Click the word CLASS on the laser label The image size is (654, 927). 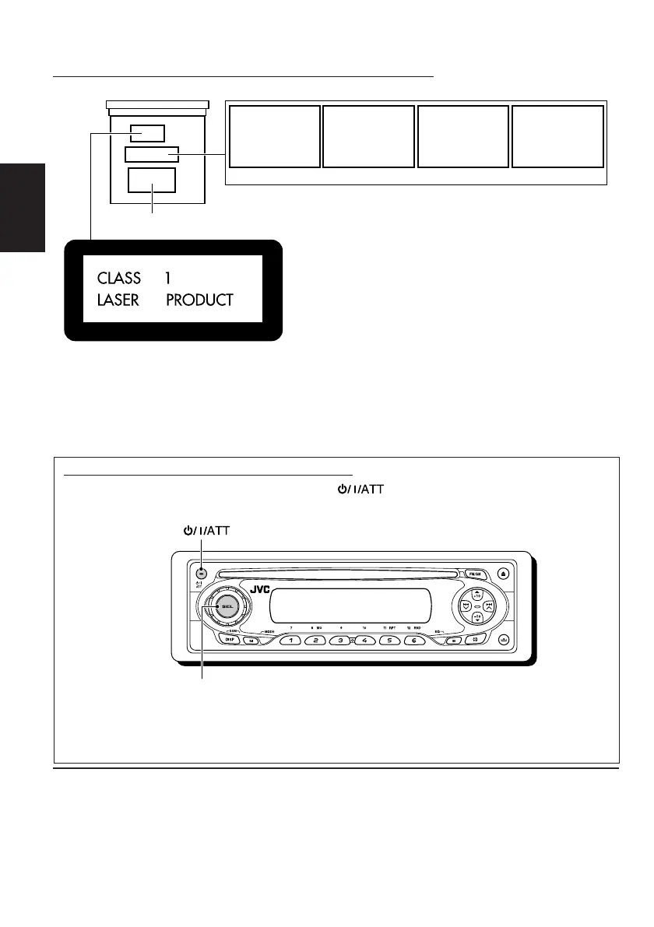coord(119,278)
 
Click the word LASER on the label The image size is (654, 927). coord(118,300)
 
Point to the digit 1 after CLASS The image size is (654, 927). coord(167,278)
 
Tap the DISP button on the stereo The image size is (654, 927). coord(231,640)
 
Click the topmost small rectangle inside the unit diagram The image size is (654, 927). coord(146,133)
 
